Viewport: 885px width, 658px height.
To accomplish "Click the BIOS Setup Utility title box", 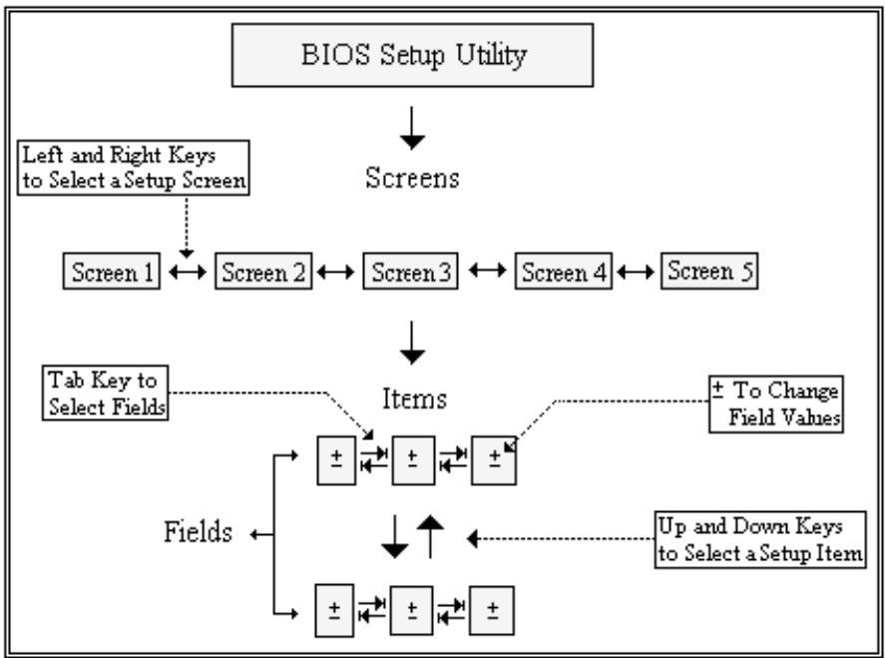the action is click(413, 55).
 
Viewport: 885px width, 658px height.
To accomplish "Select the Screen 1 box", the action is click(112, 272).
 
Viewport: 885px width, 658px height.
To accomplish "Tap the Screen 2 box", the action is click(263, 272).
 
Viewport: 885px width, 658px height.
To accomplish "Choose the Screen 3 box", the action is click(411, 272).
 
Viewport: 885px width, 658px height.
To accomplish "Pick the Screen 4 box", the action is click(564, 272).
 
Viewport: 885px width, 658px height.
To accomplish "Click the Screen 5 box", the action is click(709, 272).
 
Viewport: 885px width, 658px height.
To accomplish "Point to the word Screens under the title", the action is click(413, 178).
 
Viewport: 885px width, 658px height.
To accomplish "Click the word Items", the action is click(415, 398).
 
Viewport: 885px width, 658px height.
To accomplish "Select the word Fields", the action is click(199, 532).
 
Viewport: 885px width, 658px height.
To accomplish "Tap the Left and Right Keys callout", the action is click(134, 168).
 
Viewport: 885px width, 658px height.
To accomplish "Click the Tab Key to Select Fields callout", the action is click(106, 393).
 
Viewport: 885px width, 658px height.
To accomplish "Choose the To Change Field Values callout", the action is click(776, 404).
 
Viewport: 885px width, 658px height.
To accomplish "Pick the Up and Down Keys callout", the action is click(760, 539).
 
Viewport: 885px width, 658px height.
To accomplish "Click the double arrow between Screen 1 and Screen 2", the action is click(188, 273).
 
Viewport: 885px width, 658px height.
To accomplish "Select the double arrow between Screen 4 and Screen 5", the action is click(637, 273).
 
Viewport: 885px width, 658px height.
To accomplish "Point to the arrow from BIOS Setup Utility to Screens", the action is click(412, 128).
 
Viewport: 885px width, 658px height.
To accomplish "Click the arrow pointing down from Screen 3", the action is click(412, 342).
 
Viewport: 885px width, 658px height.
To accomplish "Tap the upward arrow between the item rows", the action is click(430, 536).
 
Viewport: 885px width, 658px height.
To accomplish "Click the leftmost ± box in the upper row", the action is click(336, 460).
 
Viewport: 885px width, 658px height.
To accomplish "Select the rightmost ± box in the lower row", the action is click(492, 610).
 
